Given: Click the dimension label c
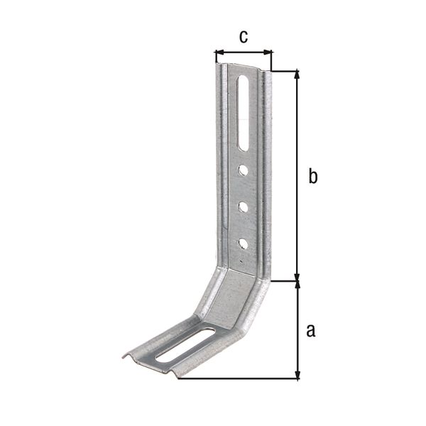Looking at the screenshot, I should point(243,38).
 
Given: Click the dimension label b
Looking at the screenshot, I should point(312,176).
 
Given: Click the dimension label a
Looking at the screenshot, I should point(310,330).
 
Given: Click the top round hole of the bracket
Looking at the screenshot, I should point(243,170).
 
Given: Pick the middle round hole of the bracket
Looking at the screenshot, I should point(243,207).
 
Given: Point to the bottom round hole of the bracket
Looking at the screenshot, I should point(243,244).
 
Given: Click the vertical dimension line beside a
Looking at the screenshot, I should point(297,330).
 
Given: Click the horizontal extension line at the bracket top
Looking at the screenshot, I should point(284,70).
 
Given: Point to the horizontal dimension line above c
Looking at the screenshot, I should point(244,52).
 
